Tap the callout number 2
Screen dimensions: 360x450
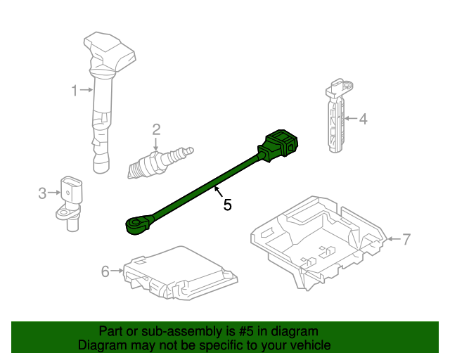click(x=156, y=129)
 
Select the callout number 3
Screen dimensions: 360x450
click(x=42, y=192)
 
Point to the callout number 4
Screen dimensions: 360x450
click(x=363, y=120)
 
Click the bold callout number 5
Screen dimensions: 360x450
click(x=227, y=205)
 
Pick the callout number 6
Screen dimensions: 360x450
click(x=105, y=271)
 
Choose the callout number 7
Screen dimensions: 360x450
click(x=405, y=239)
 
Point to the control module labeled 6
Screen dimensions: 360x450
click(x=176, y=274)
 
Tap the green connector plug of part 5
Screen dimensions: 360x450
click(x=279, y=144)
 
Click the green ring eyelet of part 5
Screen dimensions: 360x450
click(x=136, y=225)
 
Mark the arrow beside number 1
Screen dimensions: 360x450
click(x=86, y=90)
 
